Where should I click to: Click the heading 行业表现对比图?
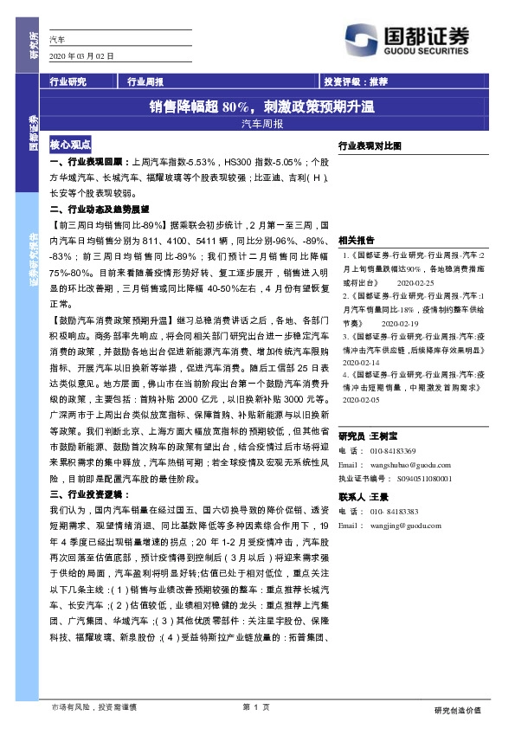(x=370, y=147)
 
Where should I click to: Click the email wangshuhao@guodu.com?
(x=407, y=464)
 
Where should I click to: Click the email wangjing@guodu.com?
(x=402, y=526)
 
